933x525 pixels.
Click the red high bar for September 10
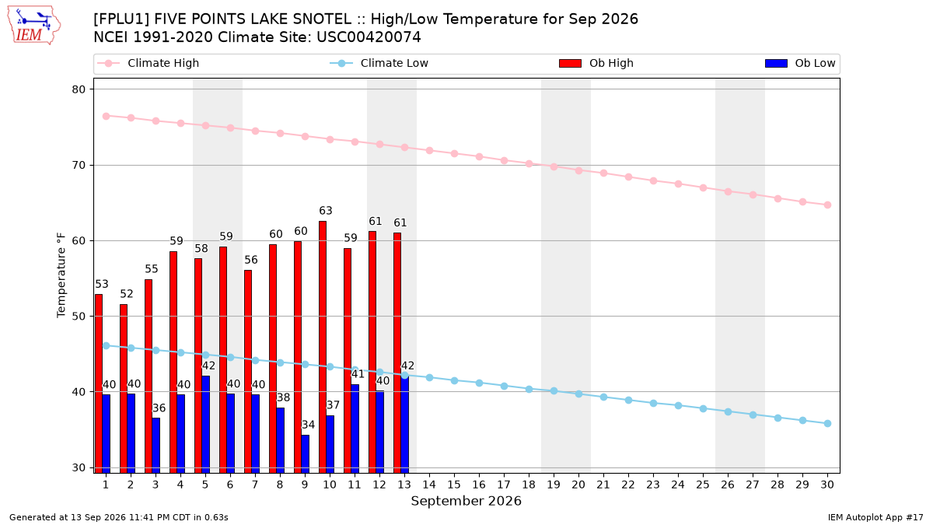tap(323, 347)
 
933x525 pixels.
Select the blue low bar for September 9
tap(306, 454)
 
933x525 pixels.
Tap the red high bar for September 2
tap(124, 389)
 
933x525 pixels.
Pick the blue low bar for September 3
tap(156, 446)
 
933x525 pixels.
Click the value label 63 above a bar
tap(326, 211)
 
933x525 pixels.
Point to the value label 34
tap(308, 425)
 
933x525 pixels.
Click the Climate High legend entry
tap(148, 63)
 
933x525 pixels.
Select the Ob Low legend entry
tap(800, 63)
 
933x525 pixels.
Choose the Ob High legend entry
tap(596, 63)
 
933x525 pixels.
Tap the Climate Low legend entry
tap(379, 63)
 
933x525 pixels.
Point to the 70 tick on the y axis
tap(79, 166)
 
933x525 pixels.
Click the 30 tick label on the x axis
tap(827, 485)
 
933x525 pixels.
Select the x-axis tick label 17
tap(504, 485)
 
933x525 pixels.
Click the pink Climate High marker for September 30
tap(827, 205)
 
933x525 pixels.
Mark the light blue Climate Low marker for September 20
tap(578, 394)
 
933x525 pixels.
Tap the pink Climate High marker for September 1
tap(107, 116)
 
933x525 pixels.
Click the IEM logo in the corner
tap(34, 26)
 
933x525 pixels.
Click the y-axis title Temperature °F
tap(61, 275)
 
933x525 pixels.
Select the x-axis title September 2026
tap(466, 501)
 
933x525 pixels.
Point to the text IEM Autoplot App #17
tap(875, 517)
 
